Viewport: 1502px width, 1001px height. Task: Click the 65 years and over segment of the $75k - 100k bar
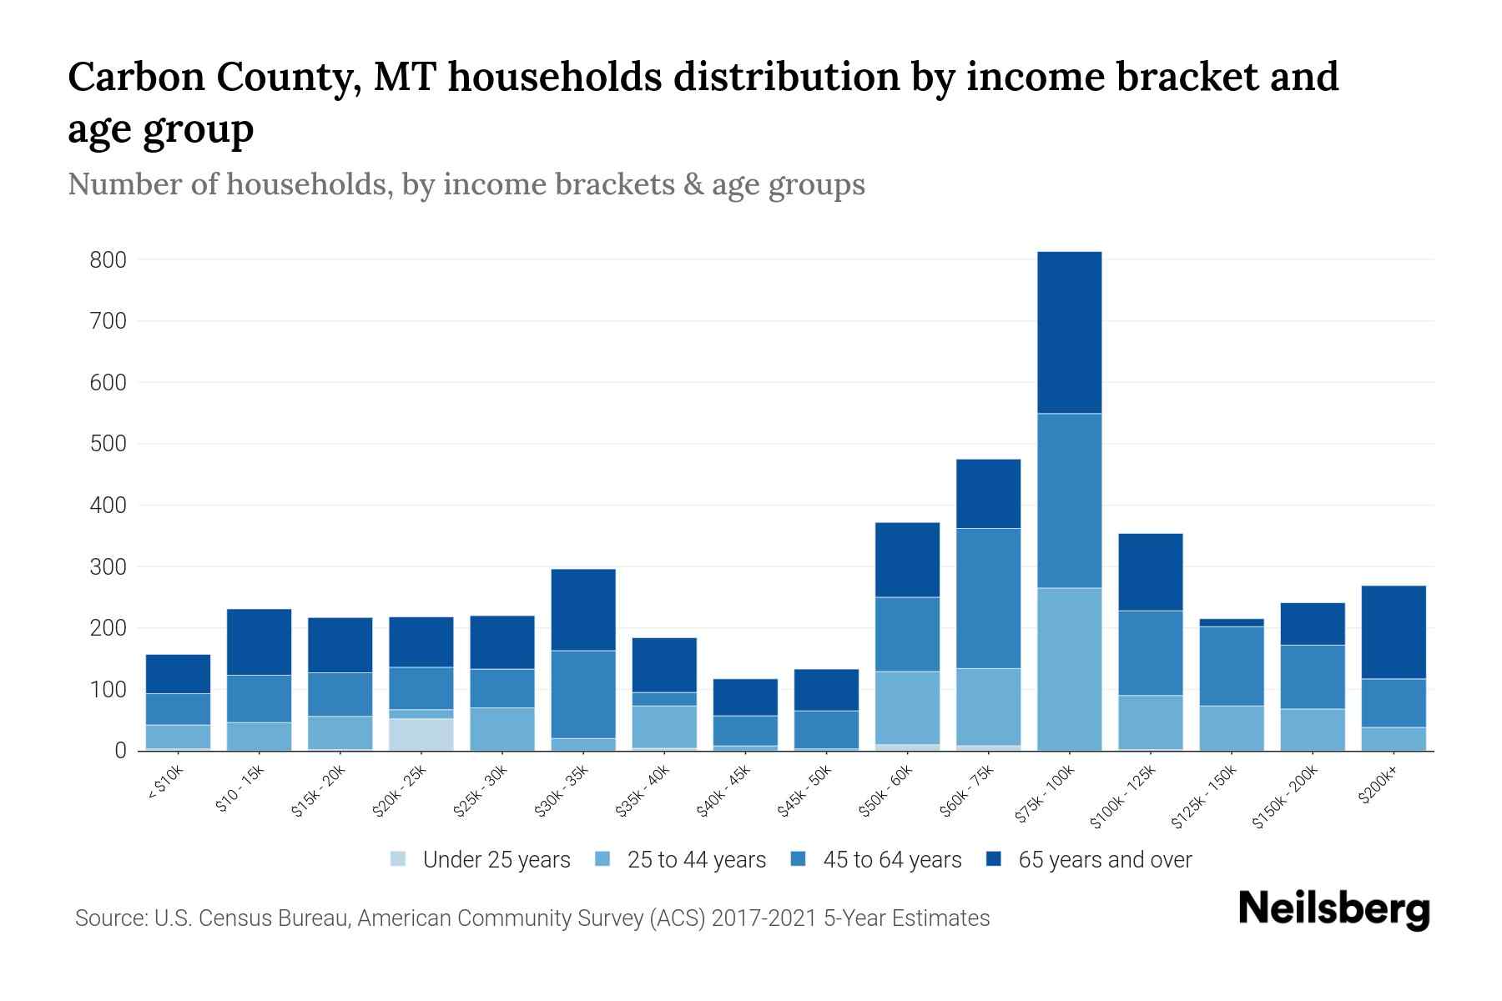coord(1069,332)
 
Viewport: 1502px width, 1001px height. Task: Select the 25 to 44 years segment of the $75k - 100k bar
coord(1069,669)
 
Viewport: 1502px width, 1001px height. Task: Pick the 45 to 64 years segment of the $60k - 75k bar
coord(988,598)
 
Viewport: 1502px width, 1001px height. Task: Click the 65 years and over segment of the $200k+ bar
coord(1394,632)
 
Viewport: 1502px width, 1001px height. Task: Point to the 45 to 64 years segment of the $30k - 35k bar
coord(583,694)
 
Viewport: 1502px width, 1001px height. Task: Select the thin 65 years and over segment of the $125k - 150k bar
coord(1231,622)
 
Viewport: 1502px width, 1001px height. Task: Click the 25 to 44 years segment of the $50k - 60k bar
coord(907,707)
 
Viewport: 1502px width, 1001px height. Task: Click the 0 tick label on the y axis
coord(120,751)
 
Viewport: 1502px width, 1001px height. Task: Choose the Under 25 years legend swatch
coord(399,859)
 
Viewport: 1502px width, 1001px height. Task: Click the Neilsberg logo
coord(1333,909)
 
